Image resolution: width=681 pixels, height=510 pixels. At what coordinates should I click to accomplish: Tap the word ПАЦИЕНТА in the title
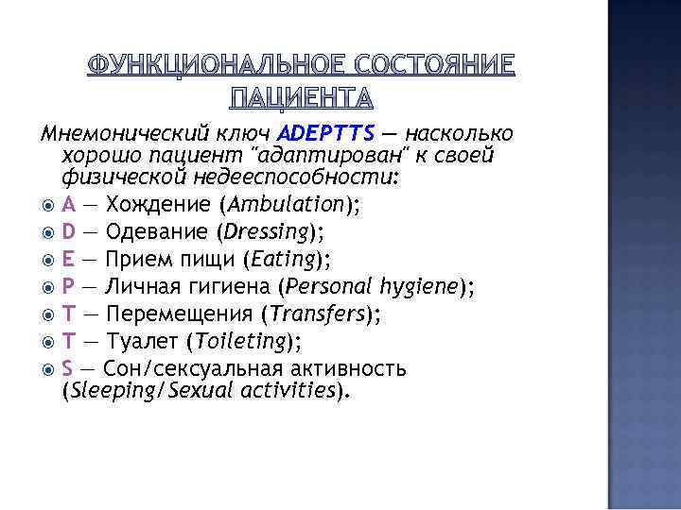pos(303,97)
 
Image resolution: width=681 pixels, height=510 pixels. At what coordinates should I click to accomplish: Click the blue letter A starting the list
pos(68,204)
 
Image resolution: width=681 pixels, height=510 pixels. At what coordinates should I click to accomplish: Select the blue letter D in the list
pos(69,230)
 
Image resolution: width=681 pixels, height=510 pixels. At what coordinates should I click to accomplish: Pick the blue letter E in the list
pos(68,260)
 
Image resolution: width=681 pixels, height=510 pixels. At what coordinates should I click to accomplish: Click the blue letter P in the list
pos(68,286)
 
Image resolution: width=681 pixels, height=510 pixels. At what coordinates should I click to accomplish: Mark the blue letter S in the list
pos(68,368)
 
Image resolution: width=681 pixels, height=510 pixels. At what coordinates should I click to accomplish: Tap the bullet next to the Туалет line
pos(49,342)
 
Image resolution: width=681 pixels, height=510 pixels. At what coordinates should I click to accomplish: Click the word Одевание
pos(158,230)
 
